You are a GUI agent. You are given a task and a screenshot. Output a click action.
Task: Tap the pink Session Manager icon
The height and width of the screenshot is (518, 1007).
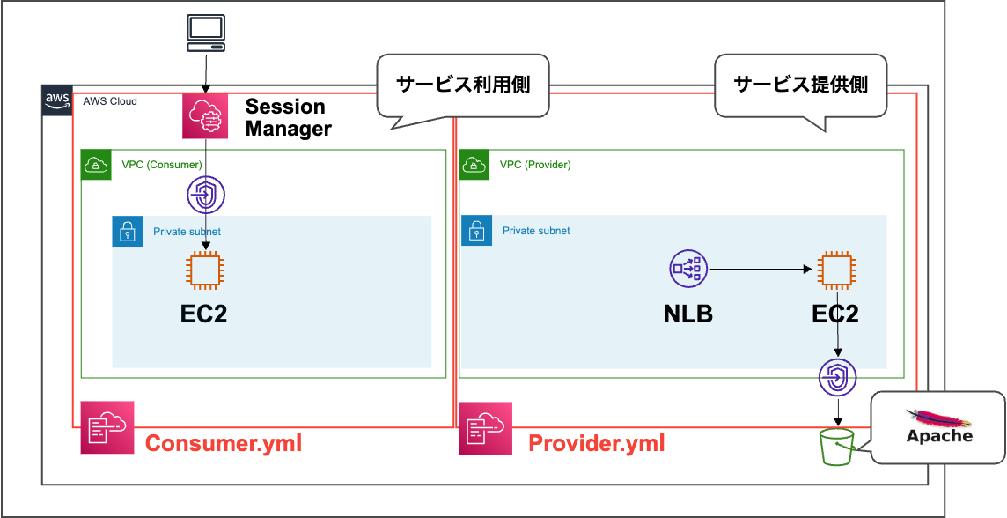click(205, 116)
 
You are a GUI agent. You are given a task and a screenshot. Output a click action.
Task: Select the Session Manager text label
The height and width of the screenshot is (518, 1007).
click(288, 117)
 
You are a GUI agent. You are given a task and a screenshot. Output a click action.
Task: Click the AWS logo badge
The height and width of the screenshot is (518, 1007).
click(57, 100)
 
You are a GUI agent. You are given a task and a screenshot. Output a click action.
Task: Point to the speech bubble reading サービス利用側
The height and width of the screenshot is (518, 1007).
click(463, 85)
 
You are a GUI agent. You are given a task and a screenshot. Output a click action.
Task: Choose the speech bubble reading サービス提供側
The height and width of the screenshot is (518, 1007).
click(800, 85)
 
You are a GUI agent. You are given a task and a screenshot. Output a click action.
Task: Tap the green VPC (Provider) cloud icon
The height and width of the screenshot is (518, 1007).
click(474, 165)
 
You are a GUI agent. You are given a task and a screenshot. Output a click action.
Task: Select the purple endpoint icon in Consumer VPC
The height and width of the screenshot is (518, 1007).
click(206, 196)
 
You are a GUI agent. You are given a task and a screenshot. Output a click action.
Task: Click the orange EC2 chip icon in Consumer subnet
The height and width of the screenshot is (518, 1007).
click(205, 270)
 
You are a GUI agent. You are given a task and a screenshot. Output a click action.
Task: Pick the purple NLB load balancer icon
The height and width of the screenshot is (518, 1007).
click(687, 269)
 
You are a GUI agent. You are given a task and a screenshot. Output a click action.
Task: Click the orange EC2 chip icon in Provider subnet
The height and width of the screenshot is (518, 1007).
click(835, 270)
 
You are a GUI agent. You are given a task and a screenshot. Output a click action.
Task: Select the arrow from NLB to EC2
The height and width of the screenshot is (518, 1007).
click(759, 269)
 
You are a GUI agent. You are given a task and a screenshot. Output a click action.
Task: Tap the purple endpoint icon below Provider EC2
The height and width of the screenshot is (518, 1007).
click(837, 378)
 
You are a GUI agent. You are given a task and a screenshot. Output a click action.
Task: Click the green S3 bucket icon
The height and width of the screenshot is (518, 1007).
click(837, 448)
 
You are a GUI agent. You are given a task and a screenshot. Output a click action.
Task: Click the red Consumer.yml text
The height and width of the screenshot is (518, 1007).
click(223, 443)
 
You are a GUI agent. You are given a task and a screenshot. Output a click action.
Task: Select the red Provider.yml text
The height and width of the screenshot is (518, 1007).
click(596, 443)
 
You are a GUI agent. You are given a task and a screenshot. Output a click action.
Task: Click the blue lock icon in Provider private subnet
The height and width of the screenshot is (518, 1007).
click(476, 231)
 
